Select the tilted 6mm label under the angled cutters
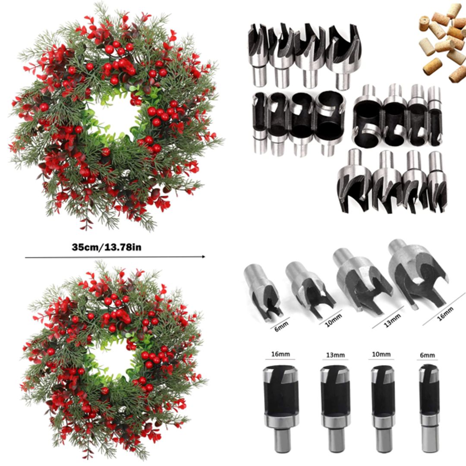click(279, 322)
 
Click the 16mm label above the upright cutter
click(280, 354)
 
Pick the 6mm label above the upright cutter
click(427, 355)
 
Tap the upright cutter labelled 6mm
click(429, 406)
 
